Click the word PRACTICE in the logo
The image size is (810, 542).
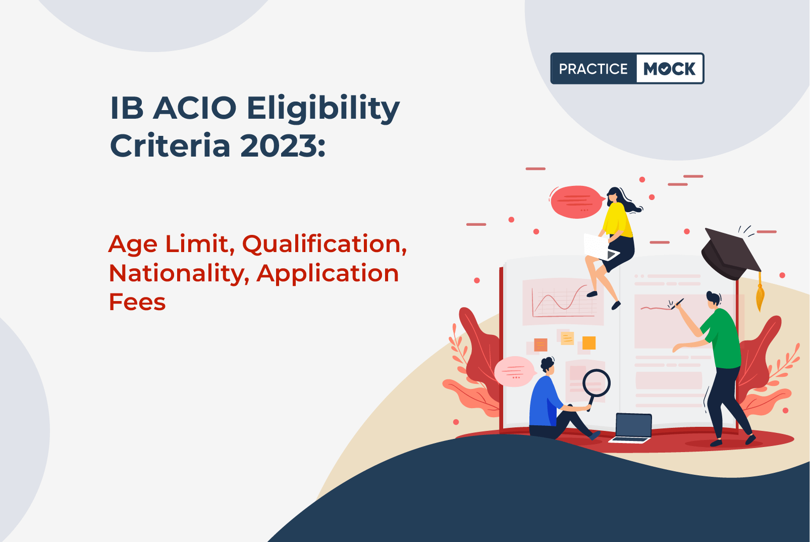[x=593, y=69]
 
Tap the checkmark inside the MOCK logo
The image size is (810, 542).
[x=665, y=69]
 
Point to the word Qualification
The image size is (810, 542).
[x=325, y=245]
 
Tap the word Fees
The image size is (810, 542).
[x=137, y=302]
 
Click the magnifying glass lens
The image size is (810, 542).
[x=597, y=383]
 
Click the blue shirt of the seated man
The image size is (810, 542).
[x=545, y=401]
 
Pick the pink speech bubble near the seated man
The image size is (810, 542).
[x=514, y=372]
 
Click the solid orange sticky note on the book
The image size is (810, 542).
[x=588, y=342]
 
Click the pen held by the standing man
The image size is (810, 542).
[x=677, y=304]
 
